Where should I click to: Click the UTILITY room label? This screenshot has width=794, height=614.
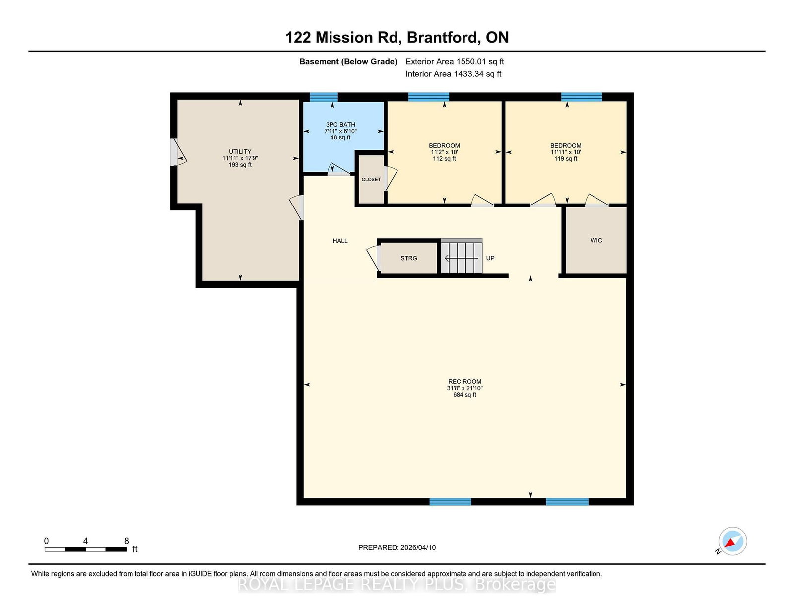[x=240, y=152]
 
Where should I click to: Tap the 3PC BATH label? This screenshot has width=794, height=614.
[x=340, y=125]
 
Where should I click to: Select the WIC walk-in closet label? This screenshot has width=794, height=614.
[x=596, y=240]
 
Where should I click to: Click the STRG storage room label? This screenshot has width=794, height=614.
[x=408, y=259]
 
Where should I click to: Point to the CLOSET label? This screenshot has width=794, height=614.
[x=371, y=180]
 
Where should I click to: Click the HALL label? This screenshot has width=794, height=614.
[x=340, y=241]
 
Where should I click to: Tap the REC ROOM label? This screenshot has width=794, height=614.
[x=464, y=382]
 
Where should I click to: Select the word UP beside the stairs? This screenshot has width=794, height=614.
[x=490, y=259]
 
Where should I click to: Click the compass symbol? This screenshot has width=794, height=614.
[x=732, y=541]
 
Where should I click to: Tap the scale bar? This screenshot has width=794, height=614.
[x=85, y=549]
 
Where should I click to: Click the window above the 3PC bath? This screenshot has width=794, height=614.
[x=324, y=97]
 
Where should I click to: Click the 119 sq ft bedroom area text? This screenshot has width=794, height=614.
[x=566, y=159]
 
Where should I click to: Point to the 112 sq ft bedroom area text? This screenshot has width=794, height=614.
[x=444, y=159]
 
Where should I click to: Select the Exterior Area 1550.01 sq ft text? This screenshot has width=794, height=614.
[x=455, y=62]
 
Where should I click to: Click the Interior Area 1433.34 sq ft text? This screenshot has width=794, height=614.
[x=453, y=74]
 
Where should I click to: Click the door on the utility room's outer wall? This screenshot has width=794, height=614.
[x=178, y=152]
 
